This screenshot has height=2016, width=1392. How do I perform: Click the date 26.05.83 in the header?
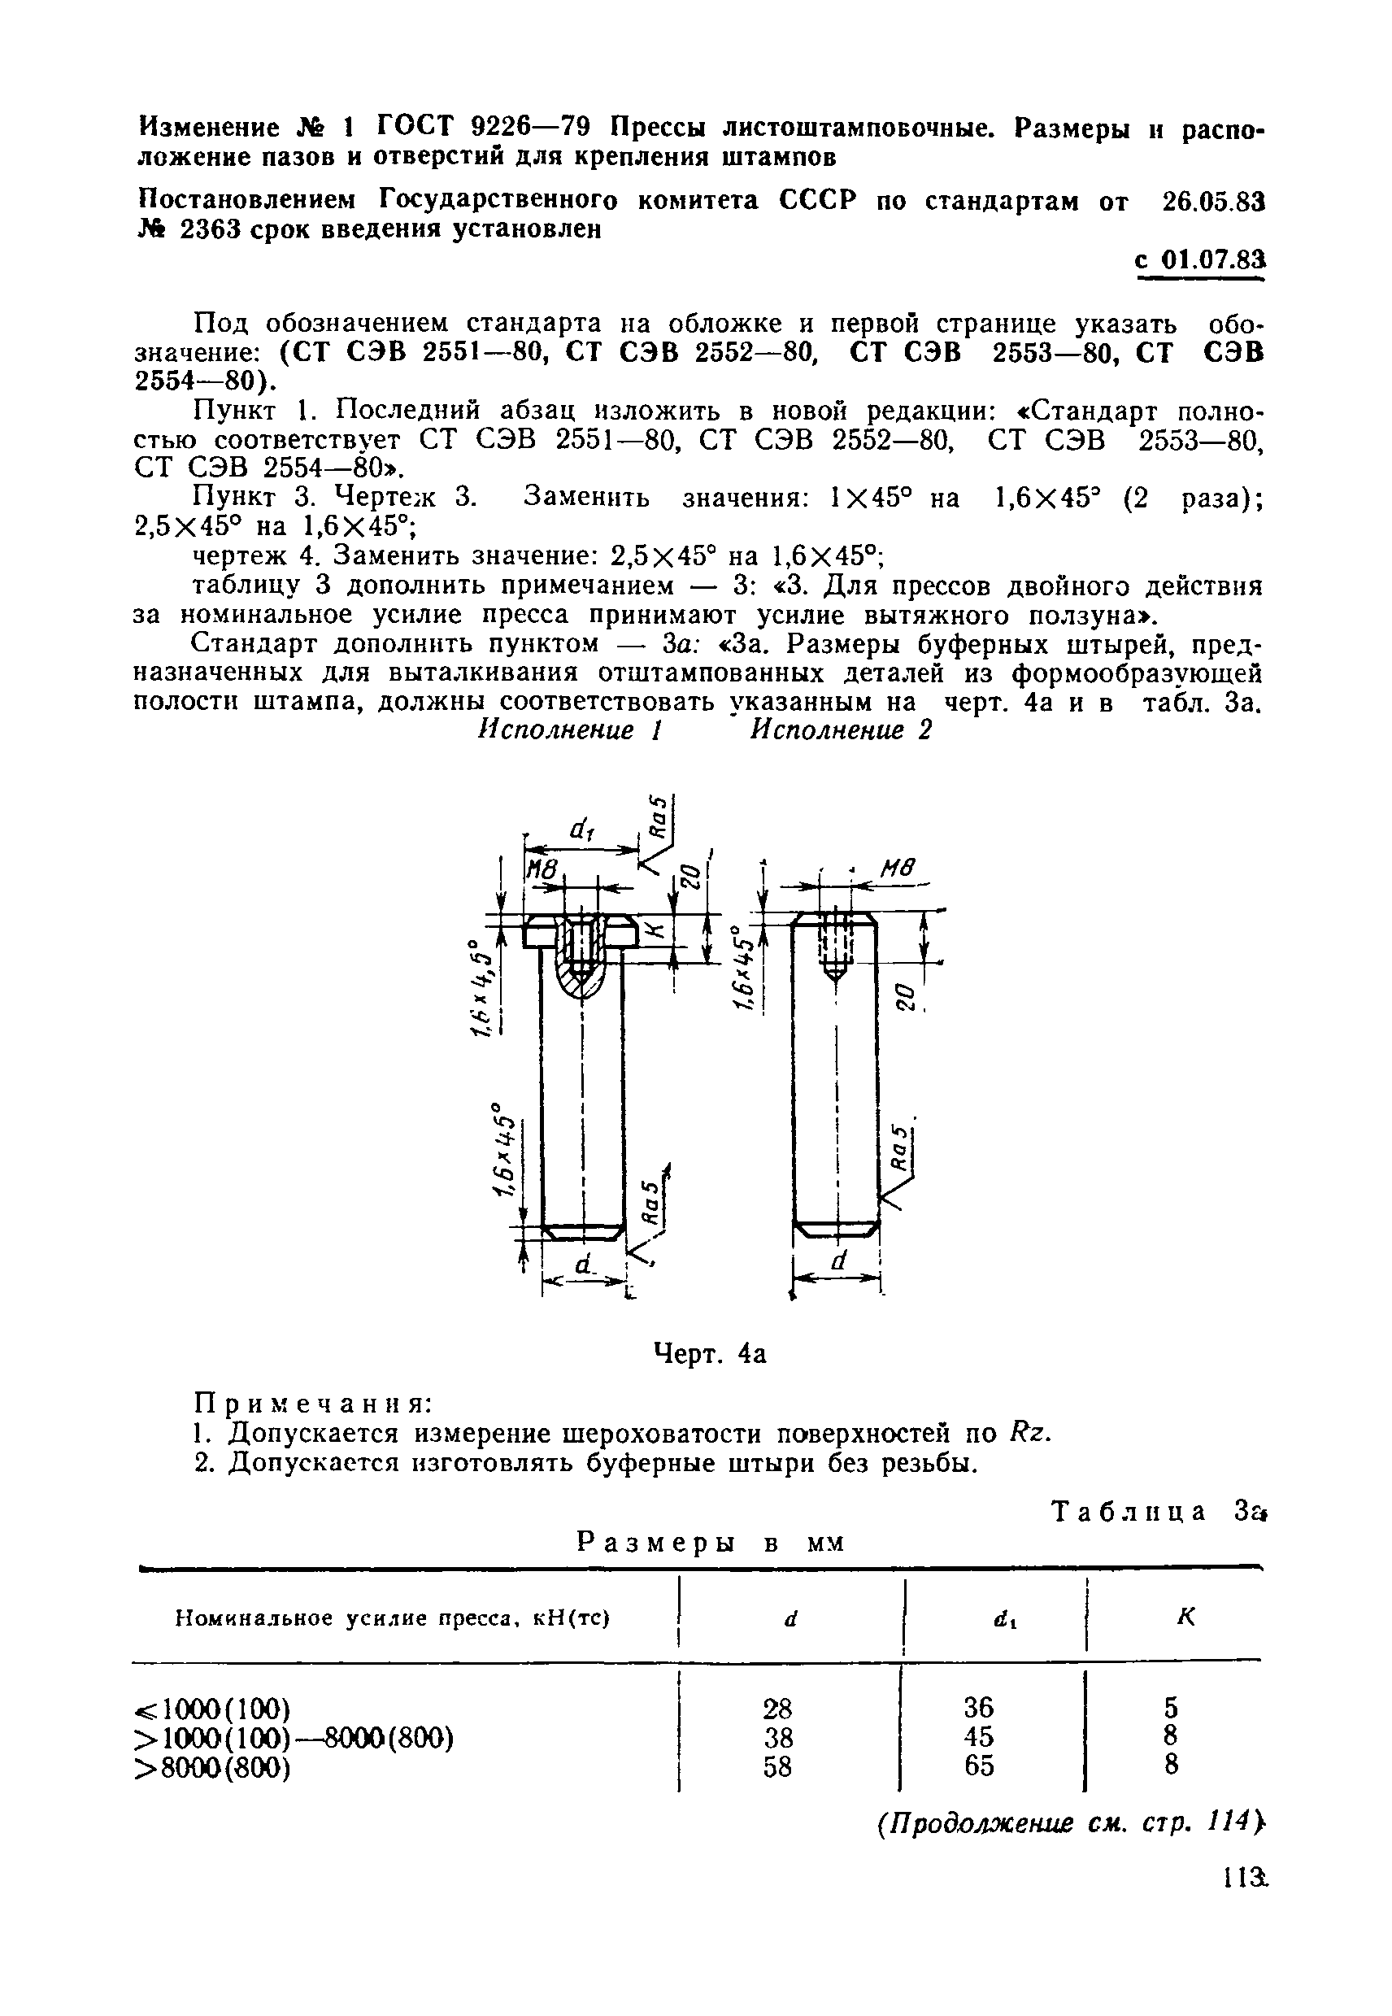click(x=1213, y=202)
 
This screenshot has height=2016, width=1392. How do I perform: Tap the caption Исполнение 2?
click(x=842, y=730)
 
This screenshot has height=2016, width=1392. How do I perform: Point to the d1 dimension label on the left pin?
click(x=580, y=831)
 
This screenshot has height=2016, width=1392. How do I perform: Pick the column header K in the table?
click(x=1185, y=1617)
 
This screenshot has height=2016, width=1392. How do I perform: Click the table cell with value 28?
click(x=777, y=1707)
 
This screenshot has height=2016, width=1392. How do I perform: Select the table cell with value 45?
click(x=979, y=1736)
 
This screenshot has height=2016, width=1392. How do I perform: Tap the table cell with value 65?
click(x=979, y=1766)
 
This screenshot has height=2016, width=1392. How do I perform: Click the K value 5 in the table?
click(x=1172, y=1706)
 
